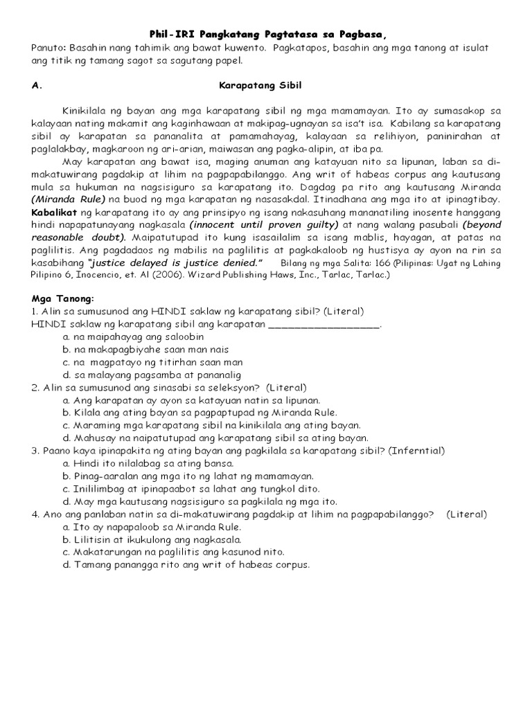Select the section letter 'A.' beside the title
click(x=37, y=85)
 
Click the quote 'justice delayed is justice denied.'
click(x=175, y=262)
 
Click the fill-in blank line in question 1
click(x=323, y=323)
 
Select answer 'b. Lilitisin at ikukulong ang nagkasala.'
click(x=152, y=539)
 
